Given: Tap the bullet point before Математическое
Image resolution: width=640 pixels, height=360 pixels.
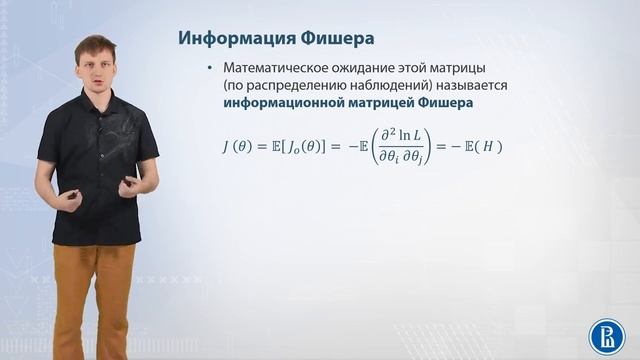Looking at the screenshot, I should pos(210,67).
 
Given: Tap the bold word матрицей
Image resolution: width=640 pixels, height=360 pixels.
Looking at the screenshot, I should pos(385,103).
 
